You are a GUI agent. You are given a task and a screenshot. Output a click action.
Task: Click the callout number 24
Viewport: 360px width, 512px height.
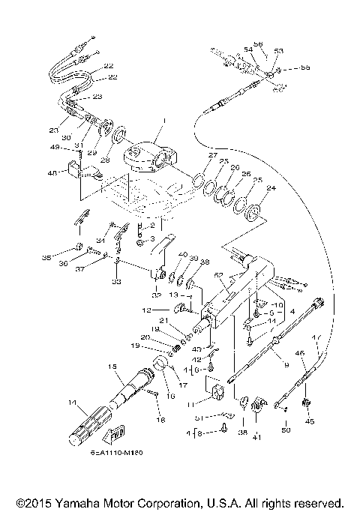pyautogui.click(x=271, y=188)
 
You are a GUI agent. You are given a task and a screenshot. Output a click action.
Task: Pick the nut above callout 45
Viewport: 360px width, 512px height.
pyautogui.click(x=305, y=405)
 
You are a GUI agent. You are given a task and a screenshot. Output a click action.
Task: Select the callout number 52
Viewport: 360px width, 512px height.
pyautogui.click(x=218, y=277)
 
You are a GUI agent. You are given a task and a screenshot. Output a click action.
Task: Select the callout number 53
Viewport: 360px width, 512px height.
pyautogui.click(x=278, y=51)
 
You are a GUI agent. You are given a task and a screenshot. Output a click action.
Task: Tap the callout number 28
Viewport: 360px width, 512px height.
pyautogui.click(x=104, y=160)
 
